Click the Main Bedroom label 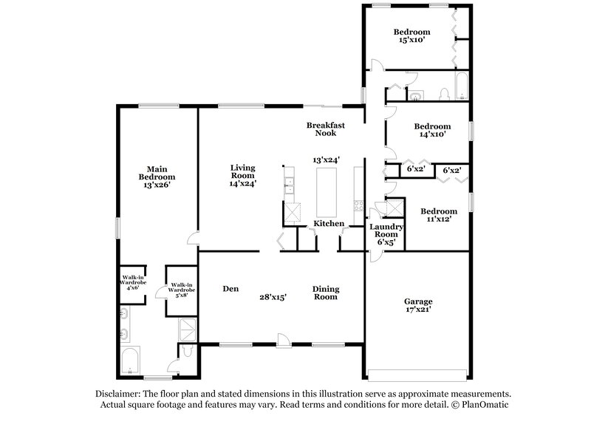157,173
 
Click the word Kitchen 329,223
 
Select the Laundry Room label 386,233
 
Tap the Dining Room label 325,293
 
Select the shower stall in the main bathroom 187,327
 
